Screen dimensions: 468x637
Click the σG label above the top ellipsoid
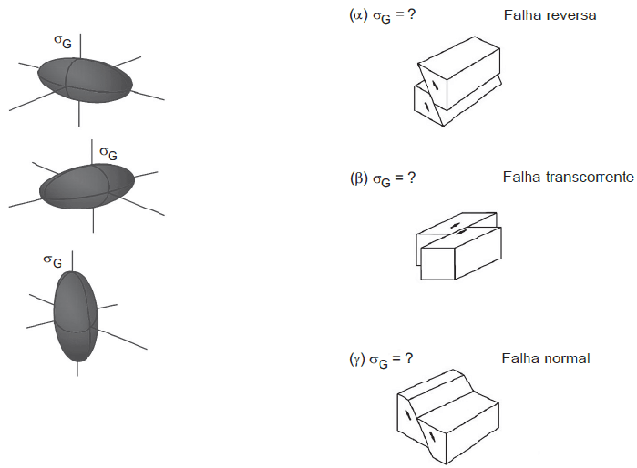pos(62,41)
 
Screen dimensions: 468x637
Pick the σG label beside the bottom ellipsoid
pos(53,261)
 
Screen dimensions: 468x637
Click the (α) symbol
pos(358,16)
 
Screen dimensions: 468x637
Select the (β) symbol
pos(358,178)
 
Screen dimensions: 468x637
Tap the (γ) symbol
pos(357,359)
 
